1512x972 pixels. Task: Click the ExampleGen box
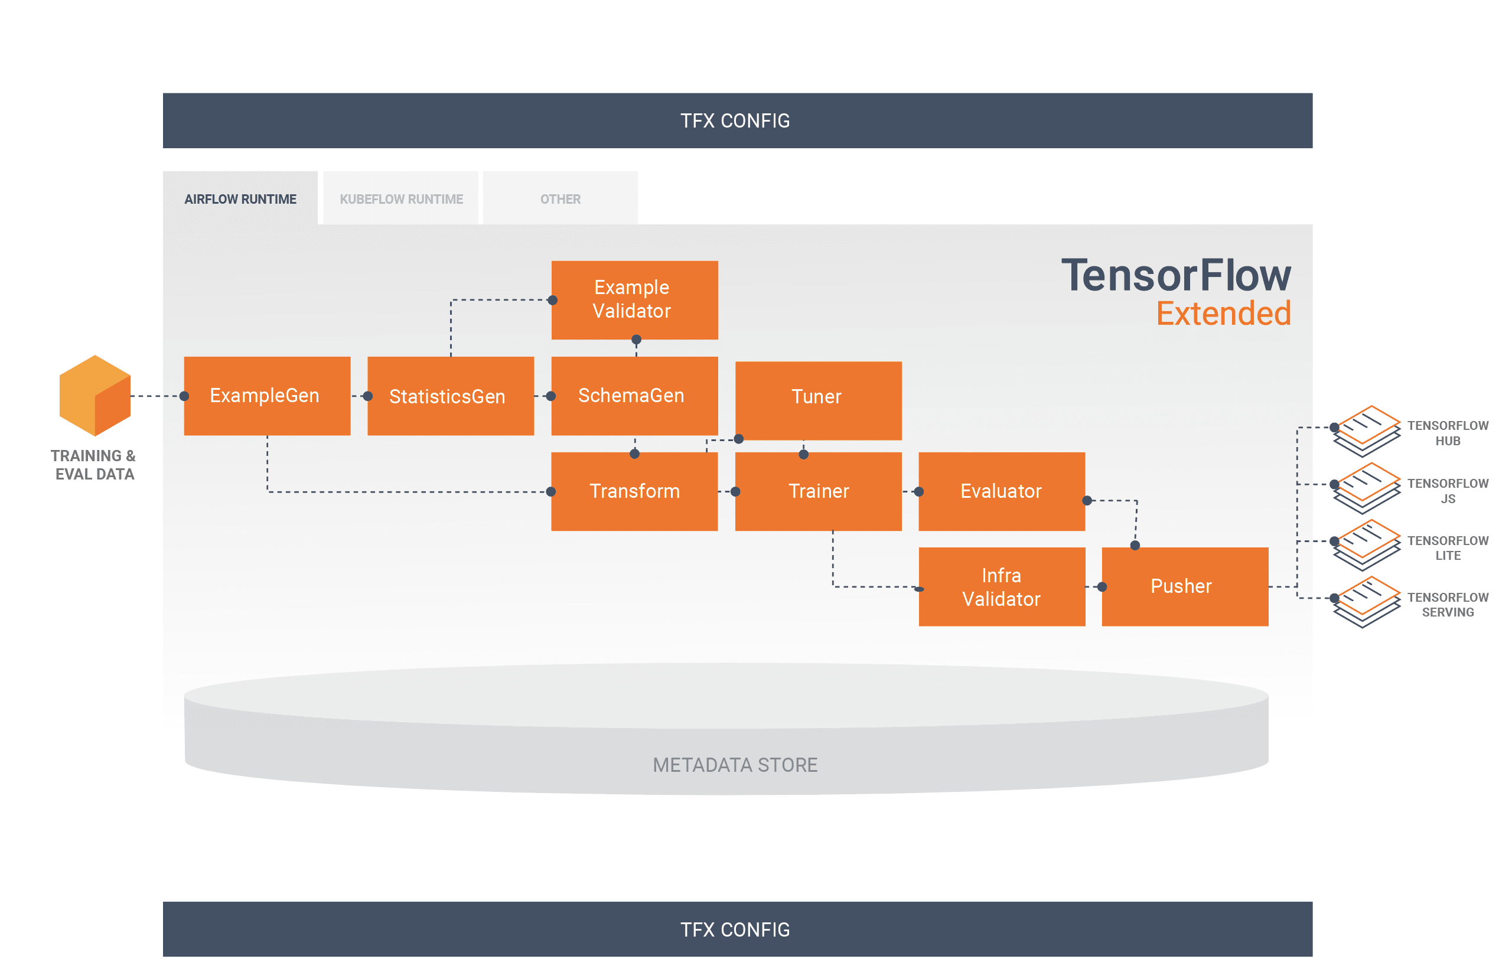click(266, 396)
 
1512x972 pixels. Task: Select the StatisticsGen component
click(449, 396)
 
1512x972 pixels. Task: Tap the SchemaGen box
click(634, 396)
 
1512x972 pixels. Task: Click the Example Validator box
click(634, 300)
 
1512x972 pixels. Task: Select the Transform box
click(634, 491)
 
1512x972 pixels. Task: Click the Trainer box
click(817, 491)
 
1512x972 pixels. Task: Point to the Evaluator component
click(1001, 491)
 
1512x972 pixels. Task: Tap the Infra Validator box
click(1001, 587)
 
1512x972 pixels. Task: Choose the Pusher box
click(1184, 587)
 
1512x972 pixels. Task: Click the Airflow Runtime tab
click(240, 199)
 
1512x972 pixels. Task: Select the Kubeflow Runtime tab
click(401, 199)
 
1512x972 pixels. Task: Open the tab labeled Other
click(560, 199)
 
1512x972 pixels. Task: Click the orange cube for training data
click(94, 396)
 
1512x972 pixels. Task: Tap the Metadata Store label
click(734, 765)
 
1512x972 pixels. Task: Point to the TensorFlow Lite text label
click(1447, 548)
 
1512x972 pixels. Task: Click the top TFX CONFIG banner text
click(734, 120)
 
